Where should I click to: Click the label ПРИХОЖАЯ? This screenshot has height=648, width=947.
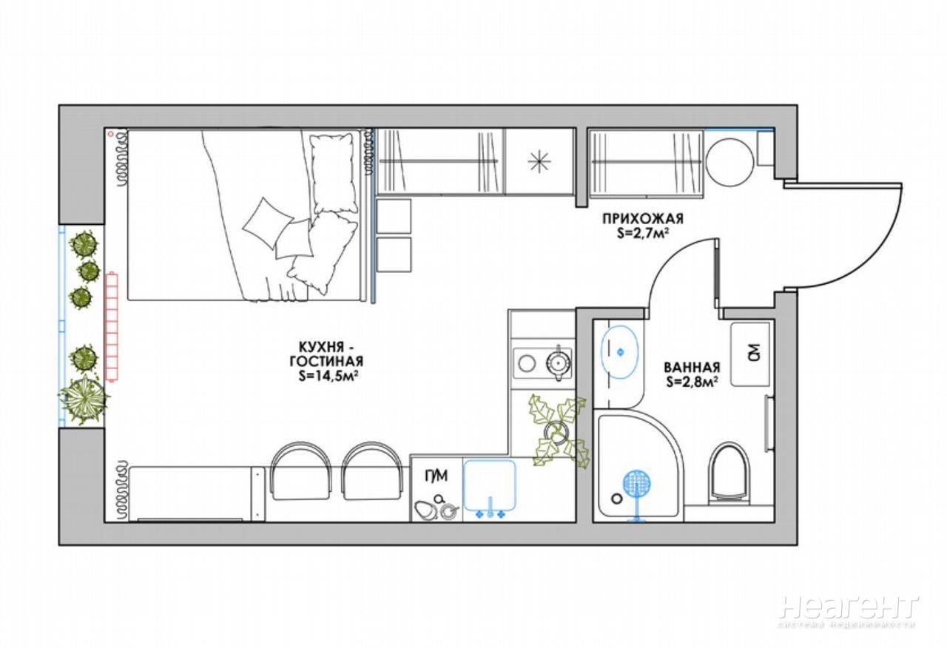(643, 219)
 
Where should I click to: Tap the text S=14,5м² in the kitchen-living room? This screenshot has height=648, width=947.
(326, 377)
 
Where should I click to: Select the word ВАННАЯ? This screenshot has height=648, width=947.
(692, 366)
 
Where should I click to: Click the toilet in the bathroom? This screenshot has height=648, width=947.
(729, 473)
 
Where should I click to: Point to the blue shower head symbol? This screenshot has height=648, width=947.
(637, 494)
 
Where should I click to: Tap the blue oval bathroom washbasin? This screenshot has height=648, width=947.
(620, 351)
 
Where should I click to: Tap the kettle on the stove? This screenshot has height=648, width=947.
(559, 362)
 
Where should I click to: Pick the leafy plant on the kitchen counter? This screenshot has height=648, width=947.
(558, 431)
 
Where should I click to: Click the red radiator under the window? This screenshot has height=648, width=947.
(112, 326)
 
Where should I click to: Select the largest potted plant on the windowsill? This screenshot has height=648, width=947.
(84, 399)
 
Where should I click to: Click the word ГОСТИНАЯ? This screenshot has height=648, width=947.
(326, 362)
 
